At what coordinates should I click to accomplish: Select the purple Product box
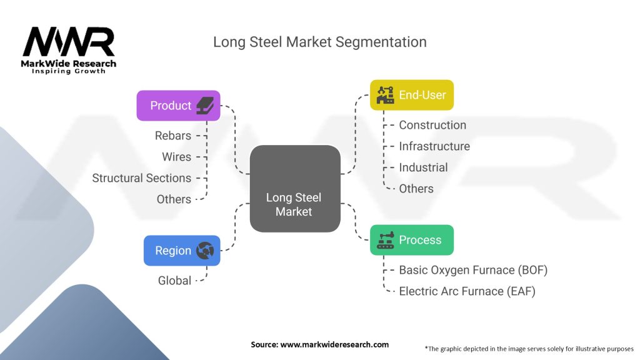click(178, 106)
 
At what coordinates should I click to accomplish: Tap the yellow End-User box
click(411, 95)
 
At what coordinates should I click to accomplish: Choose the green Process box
click(411, 240)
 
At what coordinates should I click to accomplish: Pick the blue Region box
click(181, 251)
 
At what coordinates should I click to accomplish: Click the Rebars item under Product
click(173, 136)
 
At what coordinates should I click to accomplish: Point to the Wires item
click(176, 157)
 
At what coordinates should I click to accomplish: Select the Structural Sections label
click(141, 178)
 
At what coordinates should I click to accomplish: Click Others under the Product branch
click(174, 199)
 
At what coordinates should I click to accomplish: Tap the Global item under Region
click(174, 281)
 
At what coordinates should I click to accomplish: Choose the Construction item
click(432, 125)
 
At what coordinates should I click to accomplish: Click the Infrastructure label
click(434, 146)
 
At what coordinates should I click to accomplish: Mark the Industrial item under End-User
click(423, 167)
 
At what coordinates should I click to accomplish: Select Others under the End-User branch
click(416, 189)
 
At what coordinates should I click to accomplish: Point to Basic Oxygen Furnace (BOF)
click(473, 270)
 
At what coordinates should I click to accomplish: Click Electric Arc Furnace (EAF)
click(467, 291)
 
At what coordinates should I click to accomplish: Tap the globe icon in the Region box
click(205, 251)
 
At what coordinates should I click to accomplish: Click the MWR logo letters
click(69, 42)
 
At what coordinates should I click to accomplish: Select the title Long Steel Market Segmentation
click(320, 42)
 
